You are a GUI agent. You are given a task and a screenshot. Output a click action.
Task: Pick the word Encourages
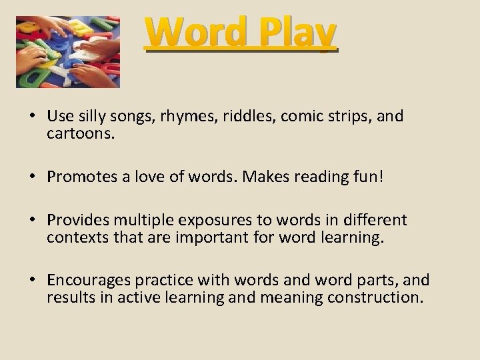click(x=85, y=279)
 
